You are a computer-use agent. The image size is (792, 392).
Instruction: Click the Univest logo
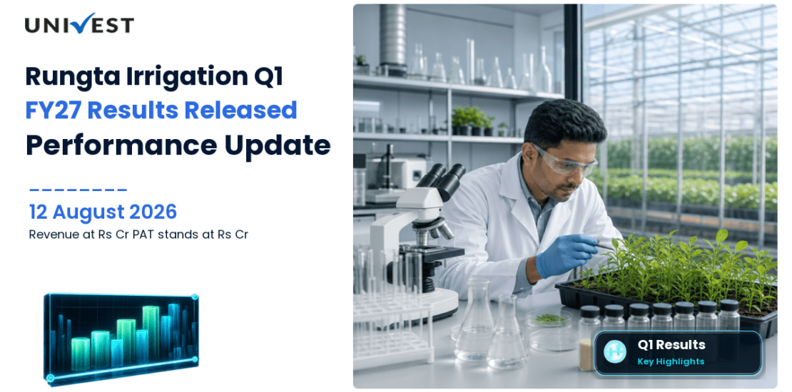click(79, 24)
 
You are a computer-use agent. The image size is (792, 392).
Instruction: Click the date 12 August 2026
click(103, 212)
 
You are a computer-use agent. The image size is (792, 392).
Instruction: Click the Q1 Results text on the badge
click(671, 345)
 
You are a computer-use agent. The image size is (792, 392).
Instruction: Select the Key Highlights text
click(671, 361)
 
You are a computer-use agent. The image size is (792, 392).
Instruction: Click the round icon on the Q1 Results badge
click(615, 352)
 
